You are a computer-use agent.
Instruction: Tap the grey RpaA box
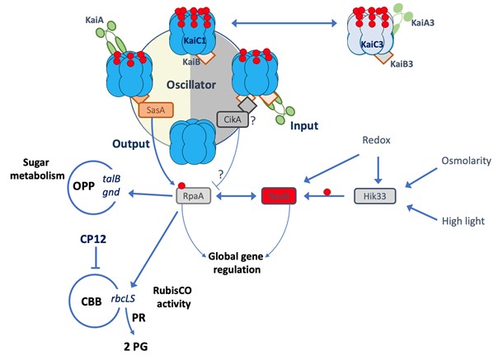point(192,197)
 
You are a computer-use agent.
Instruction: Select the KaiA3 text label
point(425,25)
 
